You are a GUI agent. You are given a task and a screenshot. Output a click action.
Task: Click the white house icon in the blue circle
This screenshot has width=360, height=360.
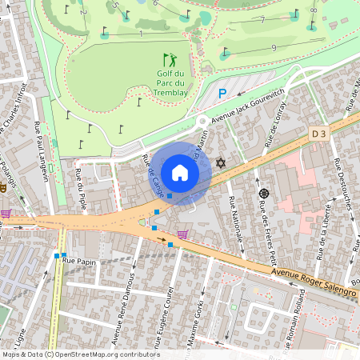click(180, 172)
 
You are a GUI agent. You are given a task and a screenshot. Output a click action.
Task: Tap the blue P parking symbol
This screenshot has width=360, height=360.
click(223, 94)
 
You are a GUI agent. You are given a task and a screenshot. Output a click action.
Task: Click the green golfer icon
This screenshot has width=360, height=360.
click(169, 60)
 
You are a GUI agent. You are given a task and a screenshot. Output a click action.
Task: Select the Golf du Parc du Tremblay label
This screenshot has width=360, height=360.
click(170, 82)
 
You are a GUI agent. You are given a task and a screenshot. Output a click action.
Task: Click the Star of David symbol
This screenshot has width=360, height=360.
click(222, 163)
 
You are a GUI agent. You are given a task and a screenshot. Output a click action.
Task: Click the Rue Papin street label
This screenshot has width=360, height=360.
click(79, 261)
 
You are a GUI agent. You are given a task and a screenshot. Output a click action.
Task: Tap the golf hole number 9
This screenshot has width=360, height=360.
click(274, 48)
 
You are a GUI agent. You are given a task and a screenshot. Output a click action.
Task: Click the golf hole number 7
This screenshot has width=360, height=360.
click(262, 18)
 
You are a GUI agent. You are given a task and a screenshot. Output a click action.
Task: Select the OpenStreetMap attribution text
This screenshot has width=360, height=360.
click(80, 354)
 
